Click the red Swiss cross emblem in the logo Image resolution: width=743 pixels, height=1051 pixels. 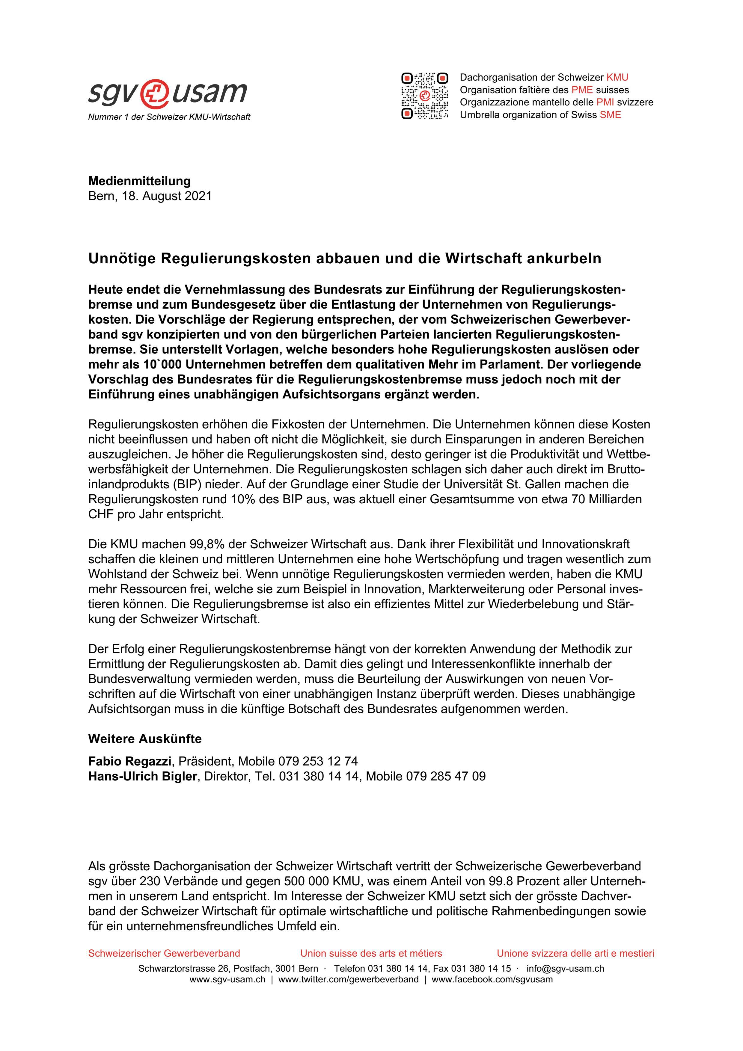[153, 93]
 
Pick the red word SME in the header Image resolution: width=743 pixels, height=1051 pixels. [610, 115]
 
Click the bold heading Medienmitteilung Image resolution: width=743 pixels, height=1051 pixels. [139, 181]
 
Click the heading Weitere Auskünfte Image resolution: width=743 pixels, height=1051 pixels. [145, 739]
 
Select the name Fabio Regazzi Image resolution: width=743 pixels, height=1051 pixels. [129, 761]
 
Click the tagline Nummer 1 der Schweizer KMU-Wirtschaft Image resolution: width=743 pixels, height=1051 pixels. [169, 117]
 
